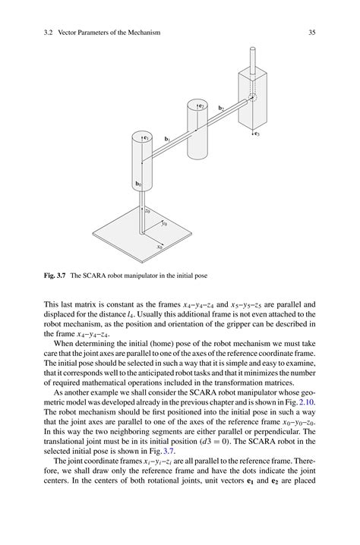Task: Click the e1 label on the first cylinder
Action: pos(146,138)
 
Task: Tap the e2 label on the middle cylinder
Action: pos(201,106)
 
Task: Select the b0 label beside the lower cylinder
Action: pos(139,184)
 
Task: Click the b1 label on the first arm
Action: pos(168,139)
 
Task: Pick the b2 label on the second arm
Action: pos(221,109)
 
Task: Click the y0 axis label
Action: pos(163,225)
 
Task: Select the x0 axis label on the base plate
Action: pos(159,246)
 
